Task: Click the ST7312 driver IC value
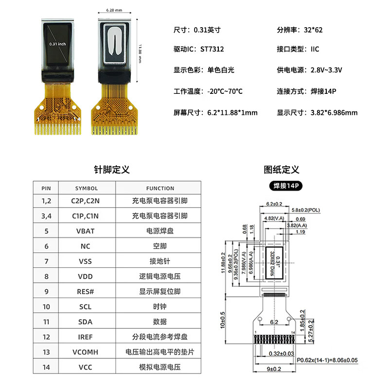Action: (212, 49)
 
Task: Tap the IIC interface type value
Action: (315, 49)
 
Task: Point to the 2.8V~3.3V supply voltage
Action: (326, 70)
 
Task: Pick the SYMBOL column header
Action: (87, 188)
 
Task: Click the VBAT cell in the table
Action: (86, 231)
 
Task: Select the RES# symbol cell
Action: (86, 292)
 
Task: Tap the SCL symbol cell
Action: (86, 307)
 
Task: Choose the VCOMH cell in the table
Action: (86, 352)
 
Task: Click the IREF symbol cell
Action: (86, 337)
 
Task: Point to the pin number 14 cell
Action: (46, 367)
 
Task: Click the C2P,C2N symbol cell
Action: (86, 200)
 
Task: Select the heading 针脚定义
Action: (112, 170)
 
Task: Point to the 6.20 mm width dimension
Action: (113, 10)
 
